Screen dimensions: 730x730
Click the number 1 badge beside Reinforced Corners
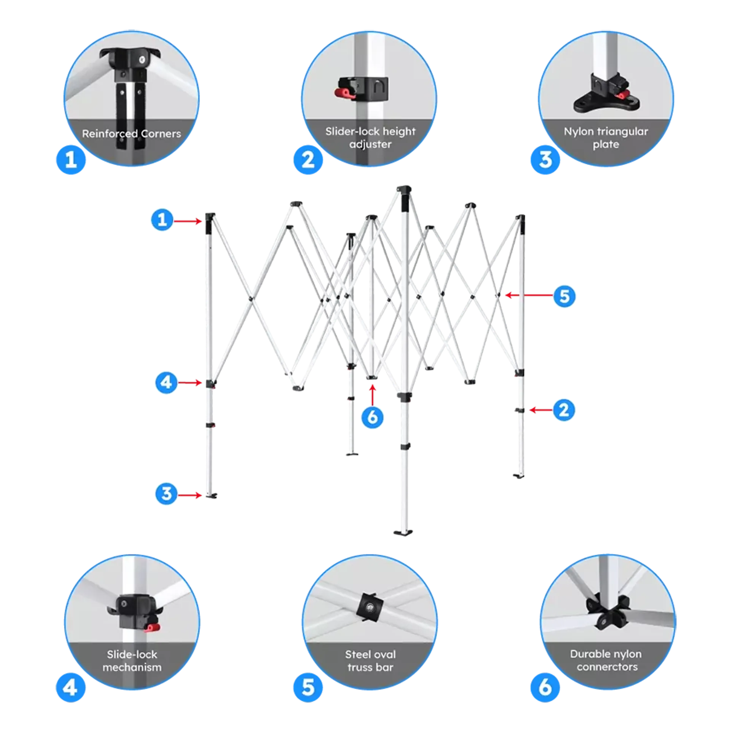[x=71, y=159]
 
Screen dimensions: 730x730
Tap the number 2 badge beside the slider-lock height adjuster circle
[x=308, y=159]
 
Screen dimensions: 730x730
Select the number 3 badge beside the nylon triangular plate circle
[x=545, y=159]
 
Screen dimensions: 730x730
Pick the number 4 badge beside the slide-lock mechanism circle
[x=71, y=687]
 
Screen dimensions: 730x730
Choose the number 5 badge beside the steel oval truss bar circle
[x=308, y=687]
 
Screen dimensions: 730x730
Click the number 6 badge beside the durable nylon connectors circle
[x=545, y=687]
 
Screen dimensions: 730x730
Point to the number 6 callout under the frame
[x=372, y=417]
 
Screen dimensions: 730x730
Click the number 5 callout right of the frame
[x=564, y=296]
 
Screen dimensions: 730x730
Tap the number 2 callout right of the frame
[x=564, y=410]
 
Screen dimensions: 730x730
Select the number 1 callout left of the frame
[x=162, y=219]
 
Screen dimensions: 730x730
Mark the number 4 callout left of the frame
[x=167, y=382]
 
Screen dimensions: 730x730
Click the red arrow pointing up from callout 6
[x=372, y=395]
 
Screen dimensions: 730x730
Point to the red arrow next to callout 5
[x=529, y=295]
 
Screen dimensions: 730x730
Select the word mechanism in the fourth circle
[x=132, y=667]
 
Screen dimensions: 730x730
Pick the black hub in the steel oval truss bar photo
[x=369, y=608]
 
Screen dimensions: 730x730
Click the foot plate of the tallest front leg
[x=403, y=532]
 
